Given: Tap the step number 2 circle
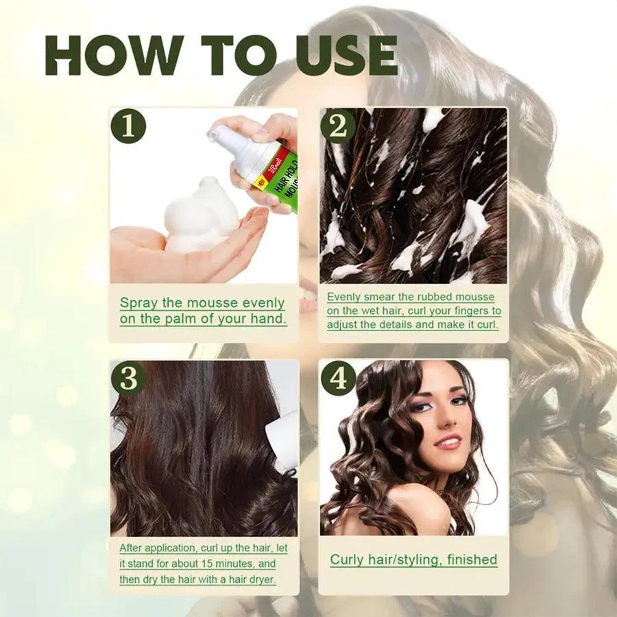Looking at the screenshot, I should [x=338, y=126].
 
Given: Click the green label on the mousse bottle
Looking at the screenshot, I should [x=278, y=176].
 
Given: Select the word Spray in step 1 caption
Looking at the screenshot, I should [x=141, y=302].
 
